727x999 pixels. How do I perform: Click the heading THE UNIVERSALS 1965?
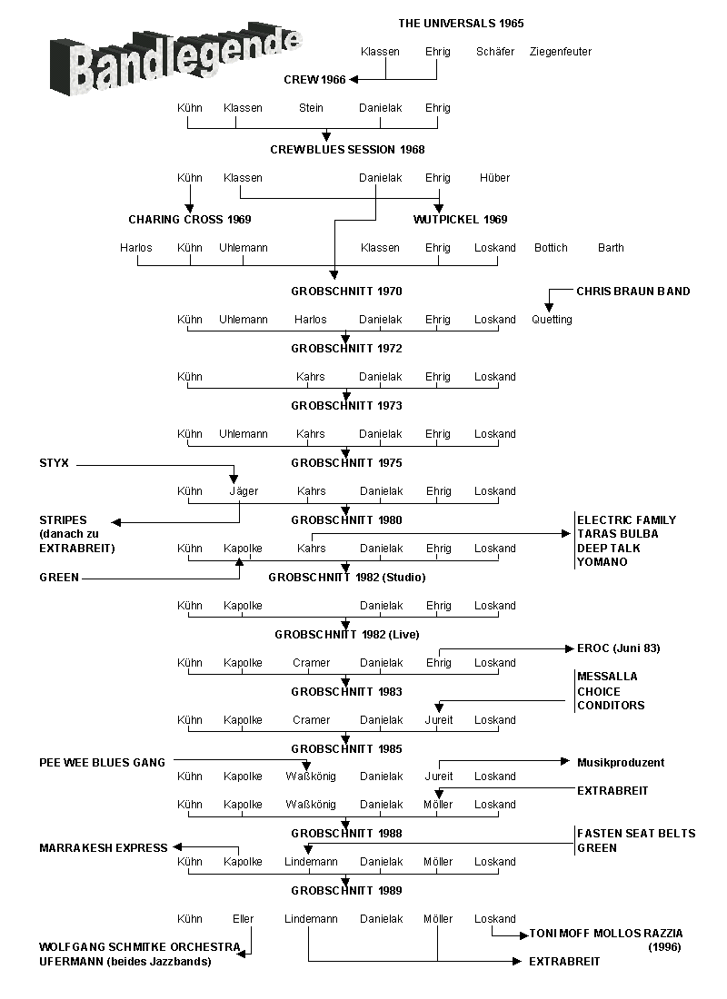click(x=461, y=24)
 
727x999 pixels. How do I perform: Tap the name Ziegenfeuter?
click(x=560, y=52)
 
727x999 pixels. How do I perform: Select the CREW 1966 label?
click(x=314, y=80)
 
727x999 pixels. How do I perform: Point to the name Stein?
click(x=311, y=108)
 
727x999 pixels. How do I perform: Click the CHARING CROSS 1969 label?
click(x=190, y=220)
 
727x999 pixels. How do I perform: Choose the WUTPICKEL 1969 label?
click(x=460, y=220)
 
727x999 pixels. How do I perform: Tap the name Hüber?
click(x=494, y=178)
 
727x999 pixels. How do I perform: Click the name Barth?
click(x=611, y=248)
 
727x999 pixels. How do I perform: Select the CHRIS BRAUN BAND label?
click(x=632, y=292)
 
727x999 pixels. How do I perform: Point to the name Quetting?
click(x=552, y=320)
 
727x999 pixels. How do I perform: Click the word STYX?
click(x=54, y=463)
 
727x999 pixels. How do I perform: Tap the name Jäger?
click(x=243, y=491)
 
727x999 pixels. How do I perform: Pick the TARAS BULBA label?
click(x=618, y=534)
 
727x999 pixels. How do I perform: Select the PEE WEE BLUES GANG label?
click(x=102, y=763)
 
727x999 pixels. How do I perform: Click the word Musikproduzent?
click(x=621, y=763)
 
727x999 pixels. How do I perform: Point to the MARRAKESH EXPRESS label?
click(x=104, y=848)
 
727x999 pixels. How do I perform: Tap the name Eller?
click(x=243, y=919)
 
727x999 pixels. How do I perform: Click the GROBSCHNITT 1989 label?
click(x=346, y=891)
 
